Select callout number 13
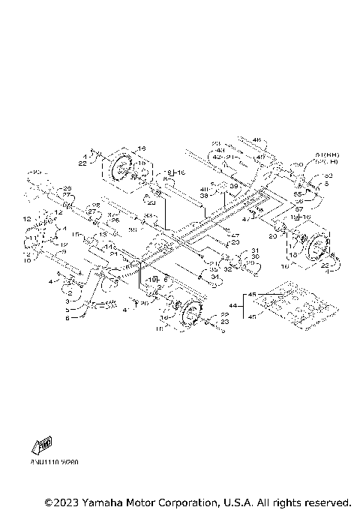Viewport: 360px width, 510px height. tap(103, 234)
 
